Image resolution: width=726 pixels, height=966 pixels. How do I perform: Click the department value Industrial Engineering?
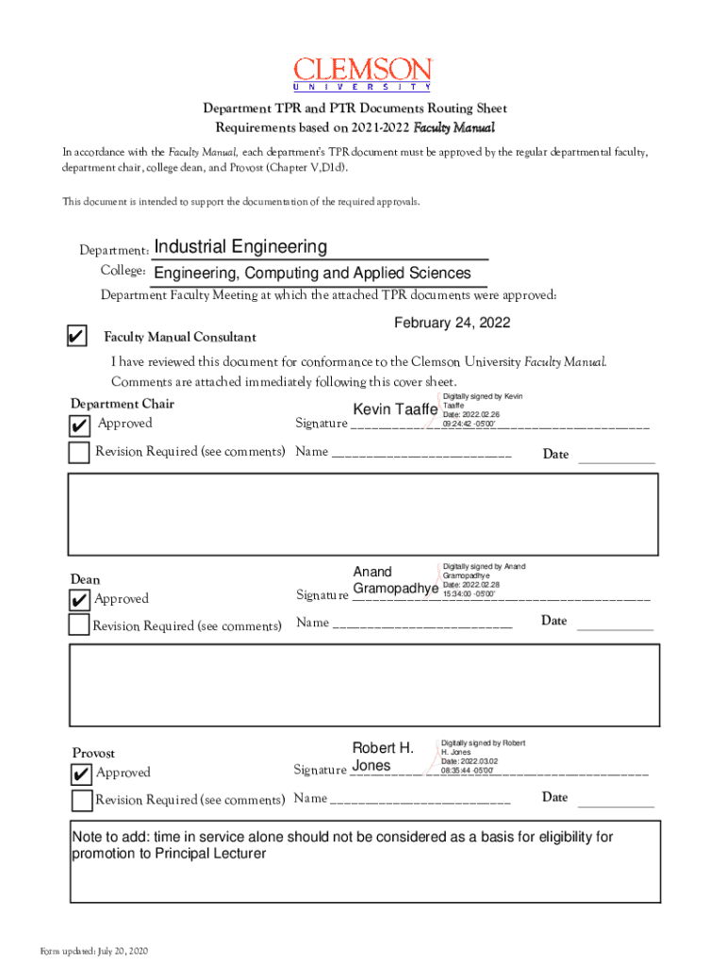[240, 247]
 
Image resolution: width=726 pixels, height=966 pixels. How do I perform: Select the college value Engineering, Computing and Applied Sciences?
[312, 274]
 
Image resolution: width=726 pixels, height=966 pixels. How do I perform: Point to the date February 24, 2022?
[452, 323]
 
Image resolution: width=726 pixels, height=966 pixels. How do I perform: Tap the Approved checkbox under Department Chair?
[80, 425]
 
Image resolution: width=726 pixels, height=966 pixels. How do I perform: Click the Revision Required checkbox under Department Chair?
[80, 452]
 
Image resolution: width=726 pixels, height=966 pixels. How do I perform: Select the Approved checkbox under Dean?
[79, 600]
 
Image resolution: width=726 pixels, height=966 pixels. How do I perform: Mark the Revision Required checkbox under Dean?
[79, 625]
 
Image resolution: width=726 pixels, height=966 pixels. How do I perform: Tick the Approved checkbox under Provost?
[82, 774]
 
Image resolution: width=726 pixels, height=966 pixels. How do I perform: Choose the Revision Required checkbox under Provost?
[82, 800]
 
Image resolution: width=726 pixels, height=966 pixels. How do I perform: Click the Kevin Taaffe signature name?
[395, 409]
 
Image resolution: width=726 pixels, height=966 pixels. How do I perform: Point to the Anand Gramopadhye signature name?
[395, 580]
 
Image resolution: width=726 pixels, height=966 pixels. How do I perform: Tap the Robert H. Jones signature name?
[383, 757]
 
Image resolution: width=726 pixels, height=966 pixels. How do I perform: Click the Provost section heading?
[94, 753]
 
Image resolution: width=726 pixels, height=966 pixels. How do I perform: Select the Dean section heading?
[86, 579]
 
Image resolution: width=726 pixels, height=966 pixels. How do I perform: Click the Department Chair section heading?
[123, 405]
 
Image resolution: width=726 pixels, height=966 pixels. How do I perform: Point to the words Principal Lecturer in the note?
[206, 854]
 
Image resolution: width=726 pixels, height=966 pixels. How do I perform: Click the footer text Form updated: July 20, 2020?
[94, 949]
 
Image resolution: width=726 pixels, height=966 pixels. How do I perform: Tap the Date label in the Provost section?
[554, 798]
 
